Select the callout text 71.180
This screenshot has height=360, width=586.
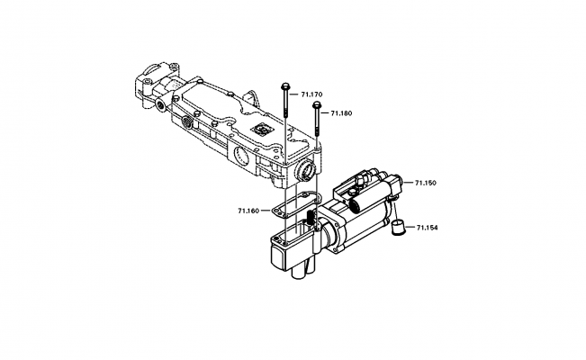pyautogui.click(x=342, y=113)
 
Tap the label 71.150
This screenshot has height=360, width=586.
pyautogui.click(x=426, y=183)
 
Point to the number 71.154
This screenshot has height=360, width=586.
pyautogui.click(x=427, y=229)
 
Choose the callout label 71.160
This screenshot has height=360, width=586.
pyautogui.click(x=248, y=211)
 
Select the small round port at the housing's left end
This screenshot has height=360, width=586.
pyautogui.click(x=161, y=104)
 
